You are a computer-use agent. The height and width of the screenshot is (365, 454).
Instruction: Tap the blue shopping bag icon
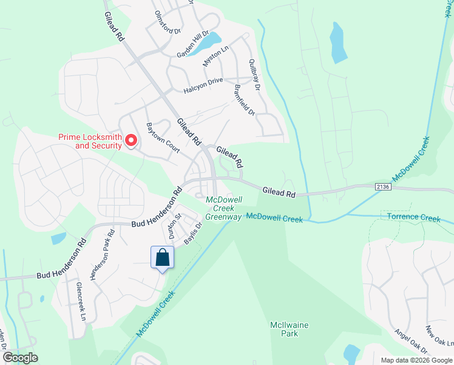point(163,257)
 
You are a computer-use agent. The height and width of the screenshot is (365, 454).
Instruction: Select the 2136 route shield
point(383,187)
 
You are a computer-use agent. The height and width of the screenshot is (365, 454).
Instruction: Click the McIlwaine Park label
point(288,329)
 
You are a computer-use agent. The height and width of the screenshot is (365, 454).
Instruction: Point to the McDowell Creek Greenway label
point(224,208)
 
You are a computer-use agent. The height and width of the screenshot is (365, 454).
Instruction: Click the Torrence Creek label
point(413,217)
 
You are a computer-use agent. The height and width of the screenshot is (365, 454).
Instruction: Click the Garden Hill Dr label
point(192,44)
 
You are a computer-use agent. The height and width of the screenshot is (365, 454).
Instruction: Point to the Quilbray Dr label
point(254,75)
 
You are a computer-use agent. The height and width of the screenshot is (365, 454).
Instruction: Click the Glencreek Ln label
point(81,301)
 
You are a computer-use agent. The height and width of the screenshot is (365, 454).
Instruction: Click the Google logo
point(20,358)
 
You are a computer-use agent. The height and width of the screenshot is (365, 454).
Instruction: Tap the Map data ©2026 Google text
point(416,360)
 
